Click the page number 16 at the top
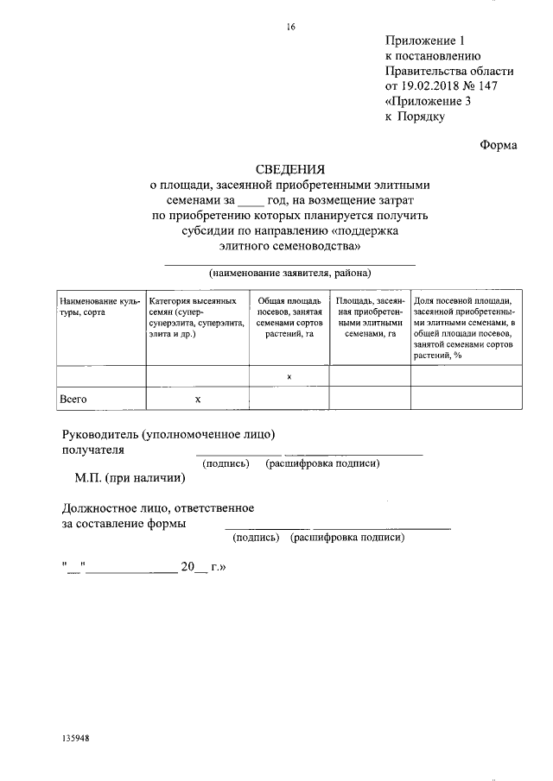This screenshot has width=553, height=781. pyautogui.click(x=291, y=27)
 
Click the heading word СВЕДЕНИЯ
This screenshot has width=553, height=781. pyautogui.click(x=289, y=169)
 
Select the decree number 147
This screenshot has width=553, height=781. pyautogui.click(x=486, y=86)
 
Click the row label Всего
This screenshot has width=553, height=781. pyautogui.click(x=73, y=400)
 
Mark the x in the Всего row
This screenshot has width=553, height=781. pyautogui.click(x=198, y=400)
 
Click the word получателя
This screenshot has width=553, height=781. pyautogui.click(x=93, y=450)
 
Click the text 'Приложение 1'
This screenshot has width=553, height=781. pyautogui.click(x=425, y=40)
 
